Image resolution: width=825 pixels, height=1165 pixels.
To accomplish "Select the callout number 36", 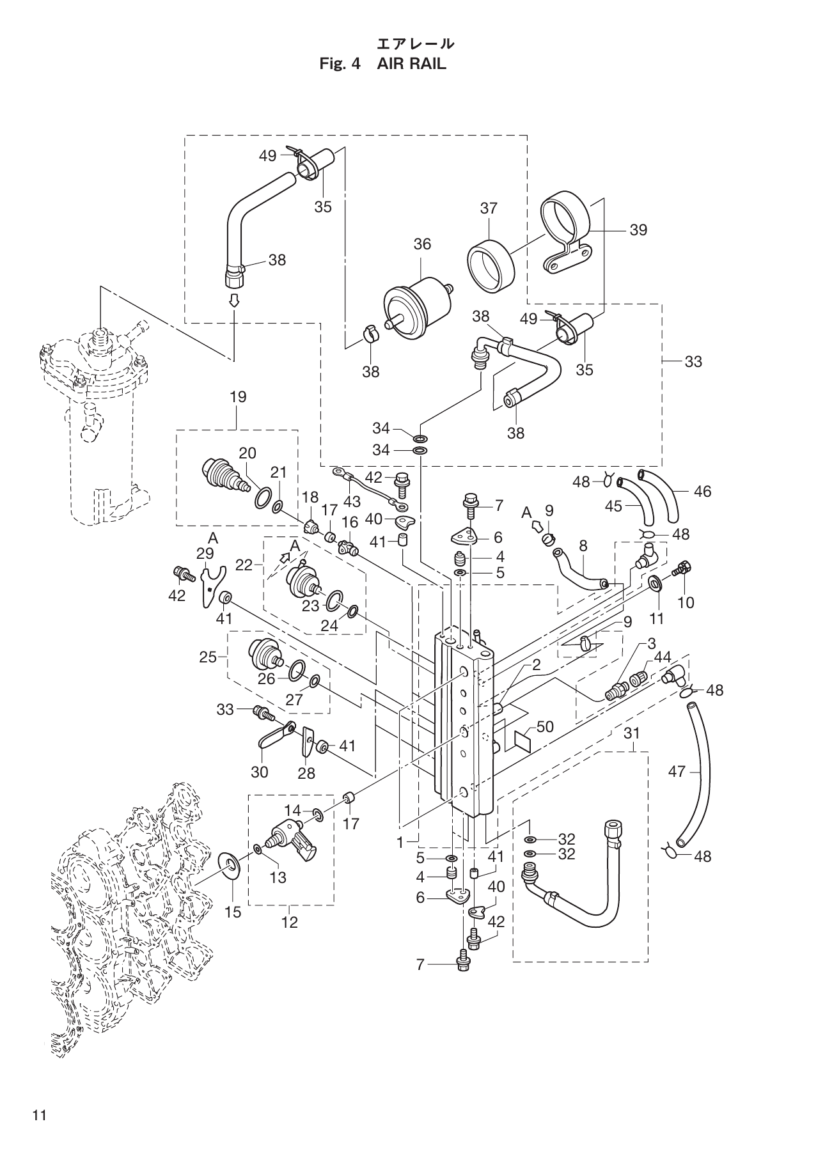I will pyautogui.click(x=422, y=244).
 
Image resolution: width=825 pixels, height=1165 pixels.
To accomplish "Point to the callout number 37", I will pyautogui.click(x=489, y=208).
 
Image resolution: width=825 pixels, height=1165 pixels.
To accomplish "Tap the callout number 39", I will pyautogui.click(x=638, y=230).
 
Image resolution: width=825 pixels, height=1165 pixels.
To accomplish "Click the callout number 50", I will pyautogui.click(x=545, y=727).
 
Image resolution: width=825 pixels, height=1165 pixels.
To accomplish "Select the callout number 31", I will pyautogui.click(x=631, y=734).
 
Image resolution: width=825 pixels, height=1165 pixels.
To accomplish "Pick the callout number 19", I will pyautogui.click(x=237, y=397).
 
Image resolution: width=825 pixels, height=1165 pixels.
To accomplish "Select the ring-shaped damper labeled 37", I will pyautogui.click(x=491, y=264).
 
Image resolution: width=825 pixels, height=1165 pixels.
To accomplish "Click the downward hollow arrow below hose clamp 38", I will pyautogui.click(x=235, y=301).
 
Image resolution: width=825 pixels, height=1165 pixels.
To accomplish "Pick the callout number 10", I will pyautogui.click(x=686, y=602).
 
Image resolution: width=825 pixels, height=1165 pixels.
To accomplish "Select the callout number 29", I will pyautogui.click(x=205, y=552).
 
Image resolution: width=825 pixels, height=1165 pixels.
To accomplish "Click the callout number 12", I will pyautogui.click(x=290, y=923).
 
